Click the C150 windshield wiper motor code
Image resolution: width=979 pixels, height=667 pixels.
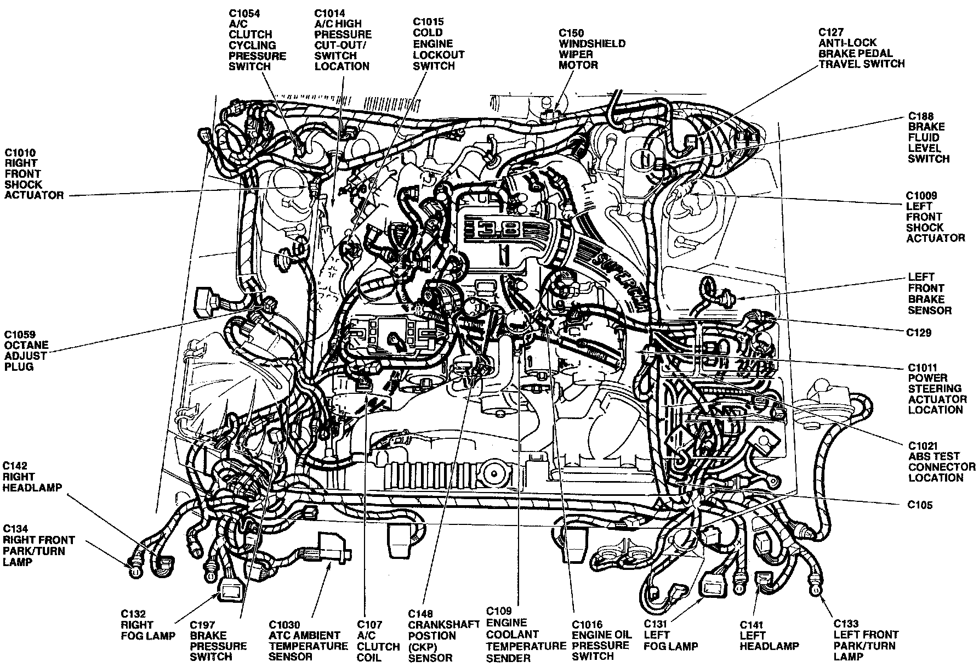[x=571, y=33]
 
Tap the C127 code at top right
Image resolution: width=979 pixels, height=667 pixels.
[x=831, y=32]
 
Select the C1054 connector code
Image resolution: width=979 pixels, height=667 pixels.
[x=244, y=13]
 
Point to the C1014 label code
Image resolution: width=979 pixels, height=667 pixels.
[x=330, y=13]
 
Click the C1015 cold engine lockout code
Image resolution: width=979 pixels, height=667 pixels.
[x=428, y=22]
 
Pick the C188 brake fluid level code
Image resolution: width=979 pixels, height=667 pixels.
[x=921, y=116]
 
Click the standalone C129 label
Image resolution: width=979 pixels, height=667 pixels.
[x=919, y=332]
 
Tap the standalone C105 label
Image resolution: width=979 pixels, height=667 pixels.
[x=920, y=505]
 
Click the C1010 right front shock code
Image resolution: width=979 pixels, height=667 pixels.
[x=20, y=152]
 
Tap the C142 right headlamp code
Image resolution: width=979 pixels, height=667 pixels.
[x=15, y=466]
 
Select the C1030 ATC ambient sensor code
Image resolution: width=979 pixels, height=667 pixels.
[x=284, y=625]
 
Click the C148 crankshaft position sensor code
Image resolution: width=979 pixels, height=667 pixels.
[x=420, y=614]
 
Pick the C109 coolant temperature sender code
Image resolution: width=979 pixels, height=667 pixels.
[x=499, y=611]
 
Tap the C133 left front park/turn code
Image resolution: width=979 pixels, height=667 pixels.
[x=846, y=624]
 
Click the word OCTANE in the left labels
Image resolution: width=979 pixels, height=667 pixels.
[x=26, y=346]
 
